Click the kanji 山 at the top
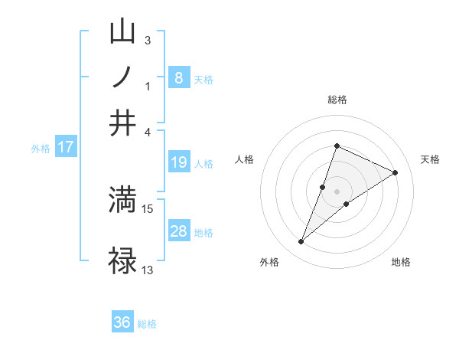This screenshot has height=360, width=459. (123, 31)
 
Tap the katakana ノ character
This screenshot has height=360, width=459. (123, 77)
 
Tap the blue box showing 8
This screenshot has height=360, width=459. (179, 78)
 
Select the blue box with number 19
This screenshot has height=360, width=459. (179, 162)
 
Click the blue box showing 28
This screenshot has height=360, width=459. (179, 231)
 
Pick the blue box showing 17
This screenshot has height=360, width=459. (66, 147)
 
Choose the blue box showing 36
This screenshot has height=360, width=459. (122, 322)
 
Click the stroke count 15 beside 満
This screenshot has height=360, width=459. (148, 208)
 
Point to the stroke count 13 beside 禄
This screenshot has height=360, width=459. (148, 270)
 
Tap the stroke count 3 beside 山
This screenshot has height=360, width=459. (148, 40)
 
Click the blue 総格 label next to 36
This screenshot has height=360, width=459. (147, 324)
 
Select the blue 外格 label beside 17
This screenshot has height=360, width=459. (41, 149)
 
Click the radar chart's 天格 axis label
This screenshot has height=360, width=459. (431, 159)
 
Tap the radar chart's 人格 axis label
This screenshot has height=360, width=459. (245, 159)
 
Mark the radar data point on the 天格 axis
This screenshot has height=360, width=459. (396, 172)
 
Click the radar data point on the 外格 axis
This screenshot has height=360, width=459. (301, 242)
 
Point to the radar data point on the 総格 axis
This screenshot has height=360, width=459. (337, 146)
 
